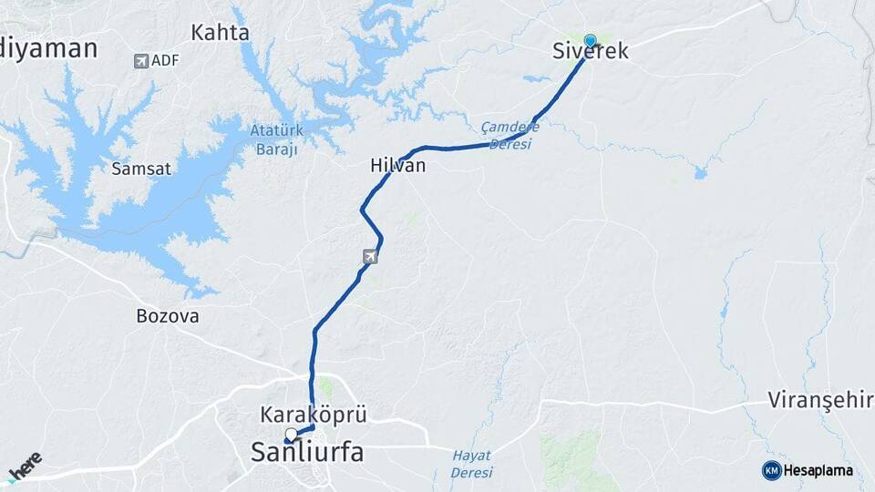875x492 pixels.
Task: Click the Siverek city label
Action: (x=591, y=52)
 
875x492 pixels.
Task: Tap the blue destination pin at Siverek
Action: (x=590, y=41)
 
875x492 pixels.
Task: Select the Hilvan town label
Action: (x=398, y=166)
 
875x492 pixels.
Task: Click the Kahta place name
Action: (x=220, y=33)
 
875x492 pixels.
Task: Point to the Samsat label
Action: (x=136, y=169)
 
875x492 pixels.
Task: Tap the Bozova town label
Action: (x=167, y=316)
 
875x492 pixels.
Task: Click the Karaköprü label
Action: (x=314, y=415)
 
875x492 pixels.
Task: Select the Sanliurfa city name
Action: (x=307, y=451)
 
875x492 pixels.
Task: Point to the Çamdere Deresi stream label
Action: (x=510, y=136)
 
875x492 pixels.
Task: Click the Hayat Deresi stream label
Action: (x=470, y=464)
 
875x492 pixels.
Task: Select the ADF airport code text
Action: (x=165, y=61)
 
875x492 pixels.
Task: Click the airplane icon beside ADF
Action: (x=140, y=61)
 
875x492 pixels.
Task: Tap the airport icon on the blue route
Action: (x=369, y=257)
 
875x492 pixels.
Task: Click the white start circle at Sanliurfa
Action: (x=291, y=434)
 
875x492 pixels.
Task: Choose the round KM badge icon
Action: (x=771, y=470)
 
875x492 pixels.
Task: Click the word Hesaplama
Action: (x=818, y=470)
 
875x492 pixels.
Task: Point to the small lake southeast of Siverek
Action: (x=700, y=171)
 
